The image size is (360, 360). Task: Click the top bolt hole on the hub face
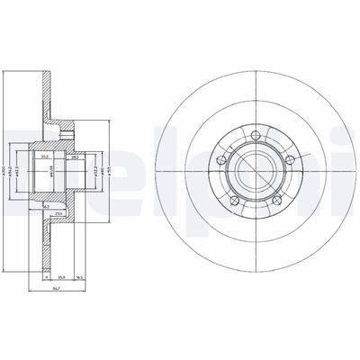pos(256,135)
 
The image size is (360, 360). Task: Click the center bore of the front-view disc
pos(256,168)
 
